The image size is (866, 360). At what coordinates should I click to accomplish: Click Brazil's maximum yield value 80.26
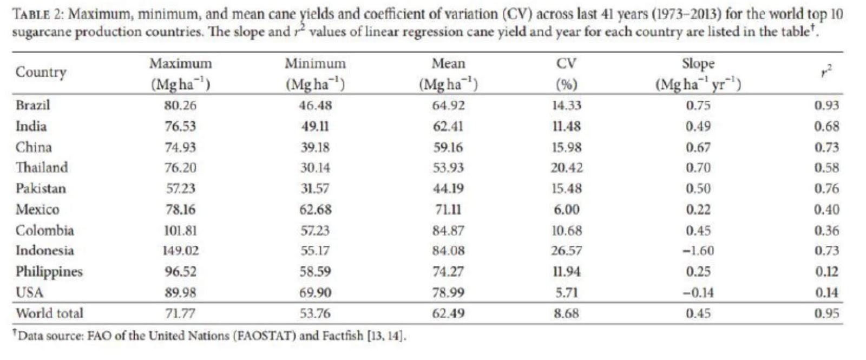tap(180, 105)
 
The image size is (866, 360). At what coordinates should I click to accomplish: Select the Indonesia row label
tap(44, 251)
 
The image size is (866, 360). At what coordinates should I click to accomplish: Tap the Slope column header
tap(698, 64)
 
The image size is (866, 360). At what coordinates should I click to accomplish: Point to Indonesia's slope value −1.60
tap(698, 251)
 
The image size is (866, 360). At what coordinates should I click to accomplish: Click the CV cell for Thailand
tap(567, 168)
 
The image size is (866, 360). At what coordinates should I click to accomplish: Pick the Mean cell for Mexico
tap(448, 210)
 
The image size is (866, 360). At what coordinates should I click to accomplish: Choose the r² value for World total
tap(826, 313)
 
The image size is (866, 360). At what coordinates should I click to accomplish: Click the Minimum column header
tap(315, 64)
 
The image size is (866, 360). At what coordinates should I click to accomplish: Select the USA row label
tap(29, 293)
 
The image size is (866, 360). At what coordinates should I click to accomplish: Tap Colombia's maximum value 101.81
tap(180, 231)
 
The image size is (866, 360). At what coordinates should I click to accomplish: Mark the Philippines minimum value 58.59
tap(315, 272)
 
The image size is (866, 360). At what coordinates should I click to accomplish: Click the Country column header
tap(41, 72)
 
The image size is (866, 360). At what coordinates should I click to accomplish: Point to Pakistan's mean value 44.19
tap(448, 188)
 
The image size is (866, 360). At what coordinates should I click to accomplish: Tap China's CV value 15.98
tap(567, 147)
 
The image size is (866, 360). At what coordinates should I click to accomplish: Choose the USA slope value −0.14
tap(698, 293)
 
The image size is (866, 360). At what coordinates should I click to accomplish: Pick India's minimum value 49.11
tap(315, 126)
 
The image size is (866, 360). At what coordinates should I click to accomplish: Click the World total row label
tap(49, 313)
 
